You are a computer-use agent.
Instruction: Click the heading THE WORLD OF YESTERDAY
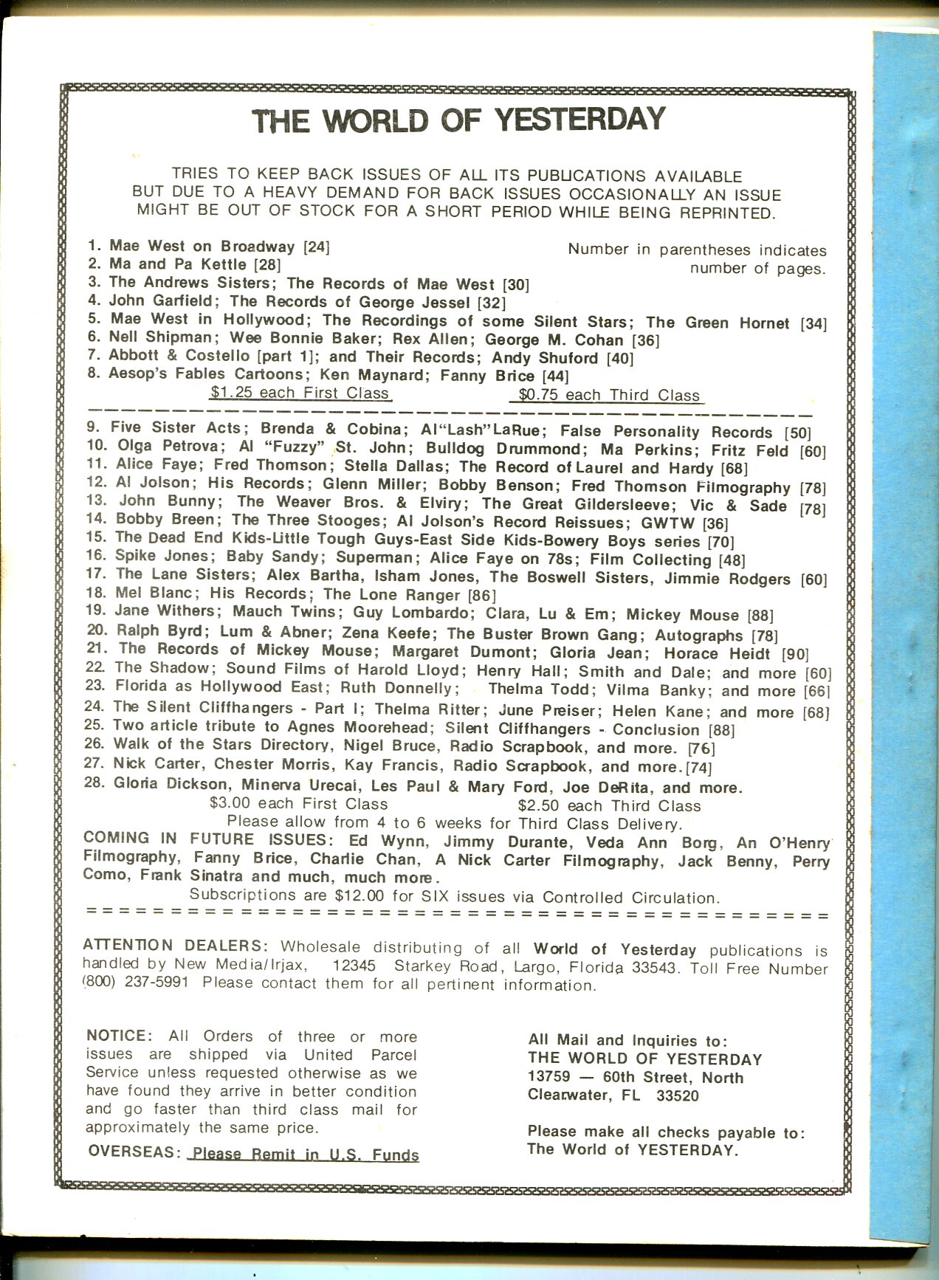458,120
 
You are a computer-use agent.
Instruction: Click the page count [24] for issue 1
317,247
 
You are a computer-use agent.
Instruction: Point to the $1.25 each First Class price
299,393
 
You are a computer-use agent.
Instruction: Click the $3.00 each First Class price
299,804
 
